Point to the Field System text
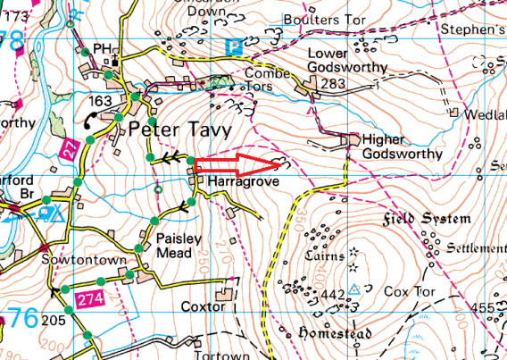click(x=427, y=219)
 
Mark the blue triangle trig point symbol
click(x=354, y=289)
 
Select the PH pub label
click(x=104, y=46)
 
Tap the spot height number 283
click(x=334, y=84)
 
